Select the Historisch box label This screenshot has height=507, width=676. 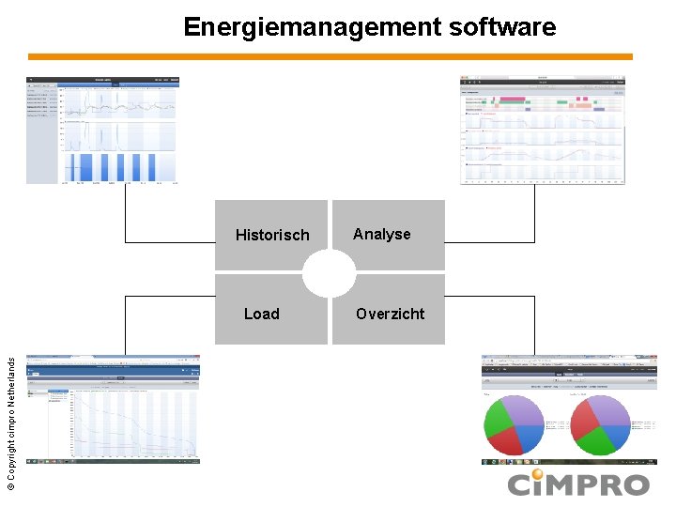point(272,235)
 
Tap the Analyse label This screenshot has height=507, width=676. point(381,234)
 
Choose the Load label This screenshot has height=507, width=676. point(261,314)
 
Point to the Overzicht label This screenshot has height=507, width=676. point(390,314)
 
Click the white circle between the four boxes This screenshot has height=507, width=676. point(330,273)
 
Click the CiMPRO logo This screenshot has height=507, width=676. point(578,483)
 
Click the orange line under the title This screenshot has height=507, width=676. point(330,56)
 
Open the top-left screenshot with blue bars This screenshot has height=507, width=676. point(102,130)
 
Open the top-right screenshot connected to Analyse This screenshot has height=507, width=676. point(542,130)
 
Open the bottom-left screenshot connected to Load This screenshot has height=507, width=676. point(113,409)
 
